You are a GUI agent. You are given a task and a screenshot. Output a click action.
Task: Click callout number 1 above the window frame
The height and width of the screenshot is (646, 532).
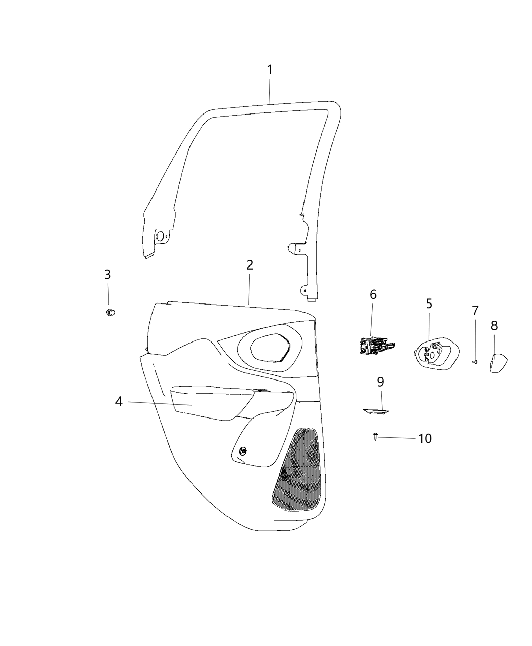click(270, 70)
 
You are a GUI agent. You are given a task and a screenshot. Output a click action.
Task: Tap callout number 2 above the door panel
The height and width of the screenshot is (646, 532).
click(249, 265)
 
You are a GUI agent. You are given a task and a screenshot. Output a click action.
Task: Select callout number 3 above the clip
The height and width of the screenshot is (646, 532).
click(107, 275)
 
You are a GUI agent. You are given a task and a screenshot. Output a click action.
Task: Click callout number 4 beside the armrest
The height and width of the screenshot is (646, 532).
click(119, 402)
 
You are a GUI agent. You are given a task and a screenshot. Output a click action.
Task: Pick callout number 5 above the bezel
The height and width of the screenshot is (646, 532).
click(429, 304)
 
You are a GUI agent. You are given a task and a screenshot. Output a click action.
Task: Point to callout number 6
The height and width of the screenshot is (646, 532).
click(373, 295)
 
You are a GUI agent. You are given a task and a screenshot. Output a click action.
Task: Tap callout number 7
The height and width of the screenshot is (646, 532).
click(475, 311)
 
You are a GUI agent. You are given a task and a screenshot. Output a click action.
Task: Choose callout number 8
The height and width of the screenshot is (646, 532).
click(494, 326)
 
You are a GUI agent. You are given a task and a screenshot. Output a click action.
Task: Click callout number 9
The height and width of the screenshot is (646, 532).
click(381, 382)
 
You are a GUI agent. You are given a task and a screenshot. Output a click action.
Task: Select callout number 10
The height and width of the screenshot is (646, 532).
click(425, 438)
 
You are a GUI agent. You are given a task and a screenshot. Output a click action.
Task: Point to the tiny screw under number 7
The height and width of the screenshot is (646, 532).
click(475, 361)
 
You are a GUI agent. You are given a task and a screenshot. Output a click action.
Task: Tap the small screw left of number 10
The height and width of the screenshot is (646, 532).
click(375, 437)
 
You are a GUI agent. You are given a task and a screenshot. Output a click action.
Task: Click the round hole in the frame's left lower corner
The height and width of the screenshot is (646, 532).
click(160, 236)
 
